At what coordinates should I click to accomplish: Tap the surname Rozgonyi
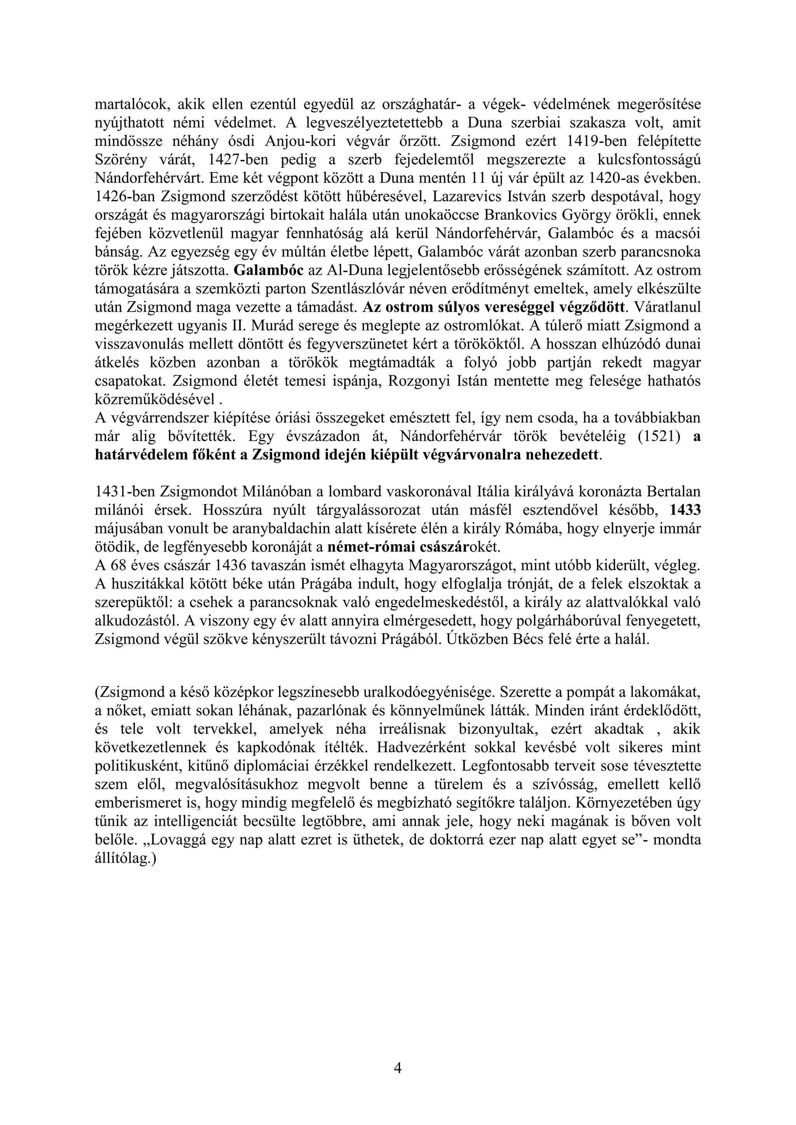click(x=417, y=381)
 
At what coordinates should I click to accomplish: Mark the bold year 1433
click(x=685, y=510)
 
